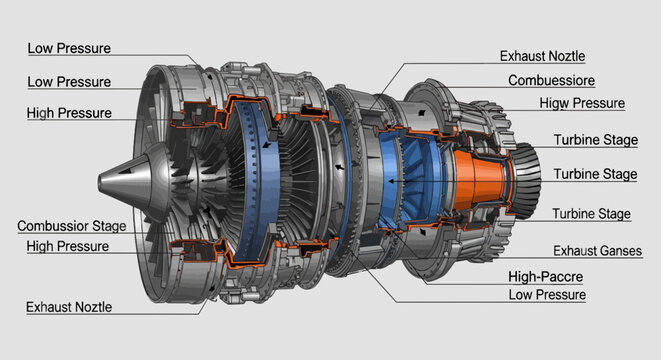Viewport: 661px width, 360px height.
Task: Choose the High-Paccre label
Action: (546, 277)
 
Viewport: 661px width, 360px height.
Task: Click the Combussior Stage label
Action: (71, 226)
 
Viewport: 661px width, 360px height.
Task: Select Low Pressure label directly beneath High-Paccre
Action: (547, 295)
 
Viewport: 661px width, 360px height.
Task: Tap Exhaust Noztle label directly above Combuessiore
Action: (542, 57)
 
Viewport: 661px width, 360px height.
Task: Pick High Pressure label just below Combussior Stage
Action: (68, 246)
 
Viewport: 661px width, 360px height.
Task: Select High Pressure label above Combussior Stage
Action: (69, 113)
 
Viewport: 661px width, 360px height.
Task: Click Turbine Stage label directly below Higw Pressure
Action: (595, 141)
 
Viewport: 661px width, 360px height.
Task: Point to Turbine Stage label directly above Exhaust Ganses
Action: (591, 214)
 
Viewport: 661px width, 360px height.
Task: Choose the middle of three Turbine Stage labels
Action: (595, 174)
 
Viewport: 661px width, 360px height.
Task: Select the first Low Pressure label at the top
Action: (69, 48)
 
